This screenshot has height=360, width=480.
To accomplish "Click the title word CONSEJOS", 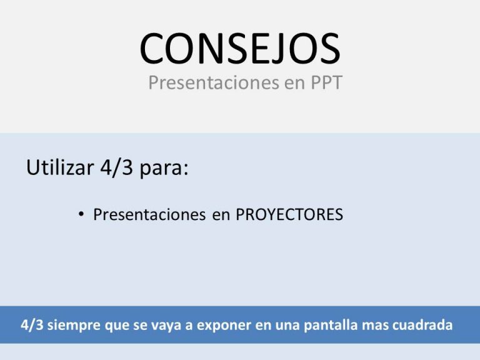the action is coord(240,48).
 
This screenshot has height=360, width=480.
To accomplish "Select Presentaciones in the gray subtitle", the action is coord(214,82).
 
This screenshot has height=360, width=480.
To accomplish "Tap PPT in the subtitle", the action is coord(326,82).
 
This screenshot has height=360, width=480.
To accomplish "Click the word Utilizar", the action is coord(60,167).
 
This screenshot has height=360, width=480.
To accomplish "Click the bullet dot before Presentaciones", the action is coord(81,214).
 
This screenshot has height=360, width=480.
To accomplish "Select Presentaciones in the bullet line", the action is coord(149,214).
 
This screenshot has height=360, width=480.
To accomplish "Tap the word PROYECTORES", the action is coord(289,214).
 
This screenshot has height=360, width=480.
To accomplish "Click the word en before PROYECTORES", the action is coord(221,216).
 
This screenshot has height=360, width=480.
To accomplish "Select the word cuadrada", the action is coord(422,325).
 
